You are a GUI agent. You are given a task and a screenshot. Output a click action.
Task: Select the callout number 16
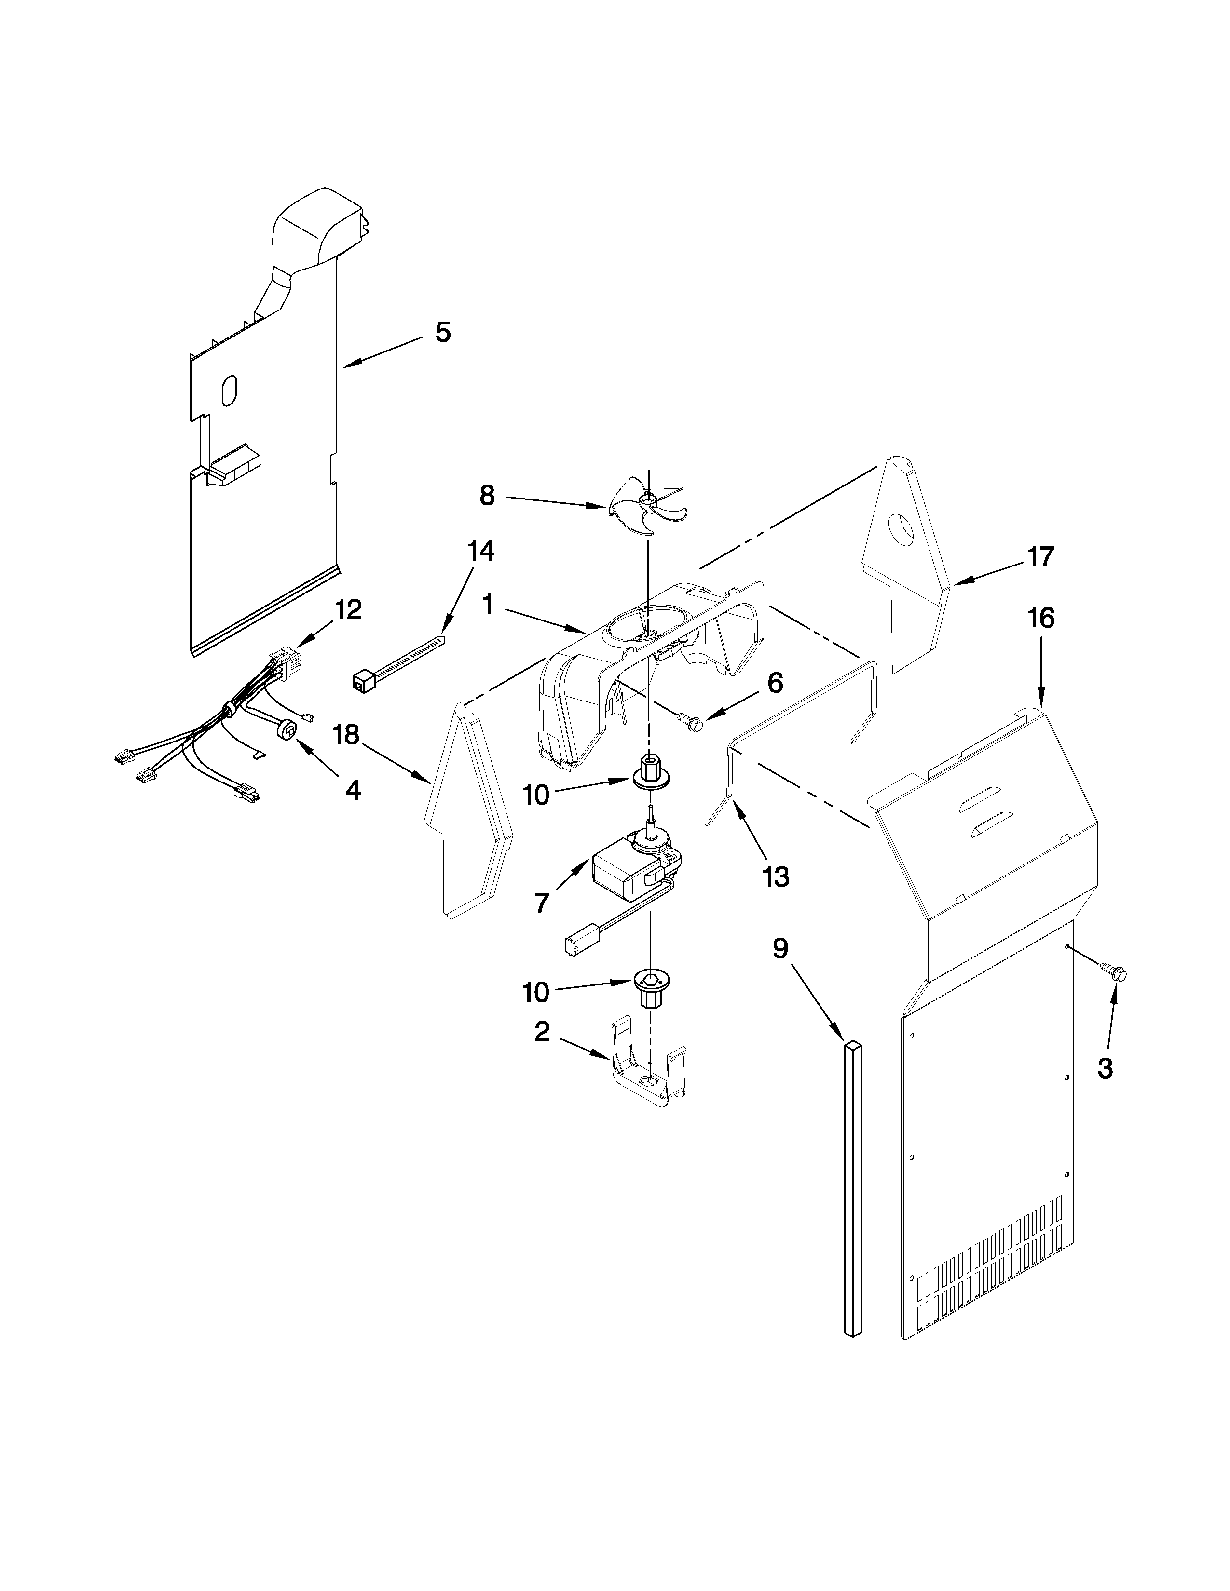pos(1040,619)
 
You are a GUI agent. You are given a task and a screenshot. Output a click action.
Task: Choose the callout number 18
pos(347,735)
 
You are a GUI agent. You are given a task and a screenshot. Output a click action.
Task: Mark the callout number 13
pos(777,877)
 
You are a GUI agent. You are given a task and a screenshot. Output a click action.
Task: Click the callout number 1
pos(488,604)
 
